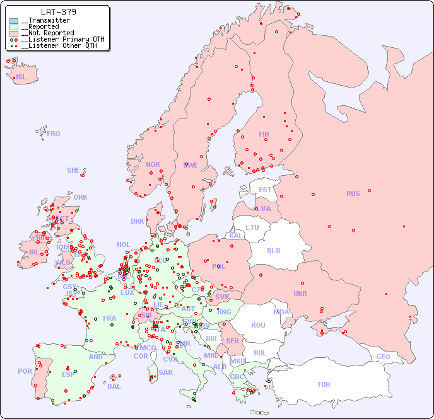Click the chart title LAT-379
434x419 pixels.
59,12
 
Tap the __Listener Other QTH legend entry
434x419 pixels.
59,45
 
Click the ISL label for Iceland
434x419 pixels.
21,77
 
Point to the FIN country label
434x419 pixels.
264,134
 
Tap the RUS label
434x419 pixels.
353,193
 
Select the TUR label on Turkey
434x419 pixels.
324,384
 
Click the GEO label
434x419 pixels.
383,357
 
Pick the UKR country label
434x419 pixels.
300,294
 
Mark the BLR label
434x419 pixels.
274,250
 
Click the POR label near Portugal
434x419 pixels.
25,371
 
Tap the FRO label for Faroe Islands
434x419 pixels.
54,134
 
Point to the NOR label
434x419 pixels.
153,164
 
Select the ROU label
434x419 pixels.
258,325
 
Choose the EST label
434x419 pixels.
265,190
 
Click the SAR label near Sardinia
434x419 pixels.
166,372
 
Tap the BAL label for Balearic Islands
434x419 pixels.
114,386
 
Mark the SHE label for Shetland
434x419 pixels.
74,170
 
